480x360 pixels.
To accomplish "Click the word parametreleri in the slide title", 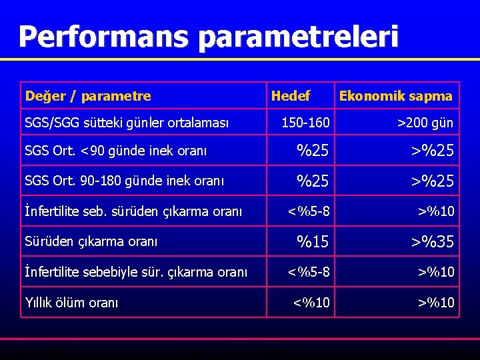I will point(298,37).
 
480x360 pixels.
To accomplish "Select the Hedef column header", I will point(290,96).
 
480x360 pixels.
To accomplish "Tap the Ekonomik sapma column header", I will point(395,96).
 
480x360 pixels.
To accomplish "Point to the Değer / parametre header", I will point(88,96).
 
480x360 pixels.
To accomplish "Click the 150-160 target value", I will point(305,123).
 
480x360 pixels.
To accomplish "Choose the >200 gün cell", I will point(425,123).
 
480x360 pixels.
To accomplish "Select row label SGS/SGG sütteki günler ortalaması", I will point(127,123).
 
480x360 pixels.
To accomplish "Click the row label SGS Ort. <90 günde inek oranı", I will point(115,151).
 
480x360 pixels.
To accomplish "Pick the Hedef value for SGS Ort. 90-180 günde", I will point(313,181).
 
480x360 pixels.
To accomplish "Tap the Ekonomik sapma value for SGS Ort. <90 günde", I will point(431,151).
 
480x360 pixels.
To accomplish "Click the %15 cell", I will point(313,241).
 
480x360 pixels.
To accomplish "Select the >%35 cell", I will point(431,241).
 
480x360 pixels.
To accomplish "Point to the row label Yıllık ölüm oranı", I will point(71,303).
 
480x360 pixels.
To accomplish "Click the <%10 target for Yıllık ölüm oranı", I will point(311,303).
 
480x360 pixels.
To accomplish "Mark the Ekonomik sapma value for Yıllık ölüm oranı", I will point(436,303).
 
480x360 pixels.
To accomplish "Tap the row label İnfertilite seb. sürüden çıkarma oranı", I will point(133,212).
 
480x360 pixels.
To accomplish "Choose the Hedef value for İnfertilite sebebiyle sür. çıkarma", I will point(308,272).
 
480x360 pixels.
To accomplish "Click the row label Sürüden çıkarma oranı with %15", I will point(91,241).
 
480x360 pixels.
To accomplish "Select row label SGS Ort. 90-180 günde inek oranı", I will point(124,181).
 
